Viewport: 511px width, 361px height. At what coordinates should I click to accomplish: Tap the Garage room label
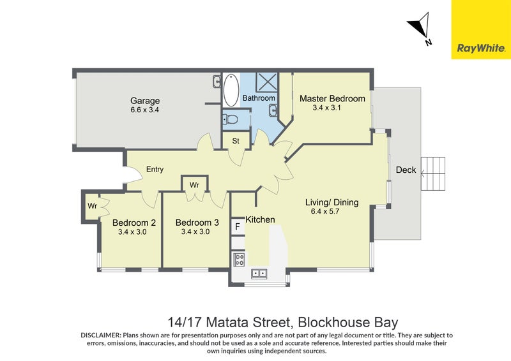(145, 101)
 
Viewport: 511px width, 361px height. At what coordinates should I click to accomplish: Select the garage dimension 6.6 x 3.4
(145, 110)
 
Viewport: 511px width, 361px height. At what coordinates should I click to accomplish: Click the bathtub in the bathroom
(231, 90)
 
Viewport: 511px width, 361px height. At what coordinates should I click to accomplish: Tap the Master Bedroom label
(332, 98)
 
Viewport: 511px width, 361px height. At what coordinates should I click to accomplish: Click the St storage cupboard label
(235, 140)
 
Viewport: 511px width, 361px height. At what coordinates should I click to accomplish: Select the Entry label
(155, 170)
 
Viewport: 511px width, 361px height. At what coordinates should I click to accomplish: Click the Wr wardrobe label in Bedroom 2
(92, 206)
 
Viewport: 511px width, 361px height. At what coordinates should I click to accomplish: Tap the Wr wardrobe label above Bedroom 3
(195, 185)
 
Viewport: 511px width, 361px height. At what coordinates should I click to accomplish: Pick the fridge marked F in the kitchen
(238, 226)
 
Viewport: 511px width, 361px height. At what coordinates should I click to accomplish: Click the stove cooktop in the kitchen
(240, 259)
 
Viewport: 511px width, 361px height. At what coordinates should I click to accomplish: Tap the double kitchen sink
(259, 274)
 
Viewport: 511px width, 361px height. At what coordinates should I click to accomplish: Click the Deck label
(406, 170)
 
